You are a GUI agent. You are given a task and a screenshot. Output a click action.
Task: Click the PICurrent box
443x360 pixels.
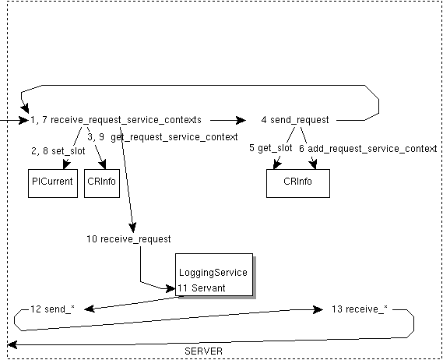(54, 182)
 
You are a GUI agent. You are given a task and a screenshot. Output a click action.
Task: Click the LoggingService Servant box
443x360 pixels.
(213, 274)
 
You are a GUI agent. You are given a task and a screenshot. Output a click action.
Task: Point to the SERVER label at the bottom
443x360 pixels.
(204, 351)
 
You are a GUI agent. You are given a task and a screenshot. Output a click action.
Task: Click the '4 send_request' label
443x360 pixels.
(294, 120)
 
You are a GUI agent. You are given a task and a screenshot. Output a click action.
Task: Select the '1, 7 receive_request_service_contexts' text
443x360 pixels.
(116, 120)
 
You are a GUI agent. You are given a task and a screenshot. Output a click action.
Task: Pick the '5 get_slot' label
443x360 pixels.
(271, 147)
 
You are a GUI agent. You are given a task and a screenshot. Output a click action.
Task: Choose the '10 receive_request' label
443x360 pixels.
(128, 239)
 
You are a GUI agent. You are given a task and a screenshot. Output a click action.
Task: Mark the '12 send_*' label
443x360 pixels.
(52, 309)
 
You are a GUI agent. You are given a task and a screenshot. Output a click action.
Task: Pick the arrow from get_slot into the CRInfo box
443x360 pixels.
(280, 157)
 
